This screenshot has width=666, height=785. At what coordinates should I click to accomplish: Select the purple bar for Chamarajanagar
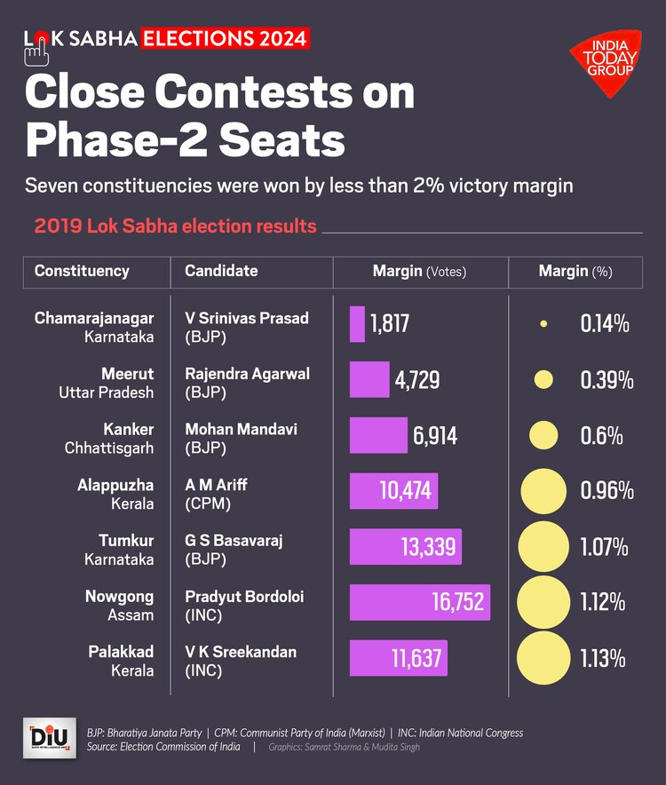[x=357, y=324]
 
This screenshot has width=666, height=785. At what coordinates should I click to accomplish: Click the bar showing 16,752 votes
[x=420, y=602]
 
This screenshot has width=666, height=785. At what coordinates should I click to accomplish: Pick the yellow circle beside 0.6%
[x=543, y=435]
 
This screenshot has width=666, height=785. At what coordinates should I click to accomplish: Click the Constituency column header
[x=82, y=272]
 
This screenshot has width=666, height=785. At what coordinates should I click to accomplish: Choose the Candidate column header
[x=221, y=272]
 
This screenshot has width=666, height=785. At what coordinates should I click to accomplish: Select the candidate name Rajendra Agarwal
[x=247, y=374]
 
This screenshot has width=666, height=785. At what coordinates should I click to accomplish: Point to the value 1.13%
[x=603, y=659]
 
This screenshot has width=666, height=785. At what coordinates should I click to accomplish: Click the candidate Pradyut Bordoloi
[x=244, y=597]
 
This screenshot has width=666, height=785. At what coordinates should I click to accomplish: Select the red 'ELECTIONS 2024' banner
[x=226, y=39]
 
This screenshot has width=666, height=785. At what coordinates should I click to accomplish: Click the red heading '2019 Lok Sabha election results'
[x=176, y=226]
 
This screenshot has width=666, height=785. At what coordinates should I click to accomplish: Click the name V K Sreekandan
[x=241, y=652]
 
